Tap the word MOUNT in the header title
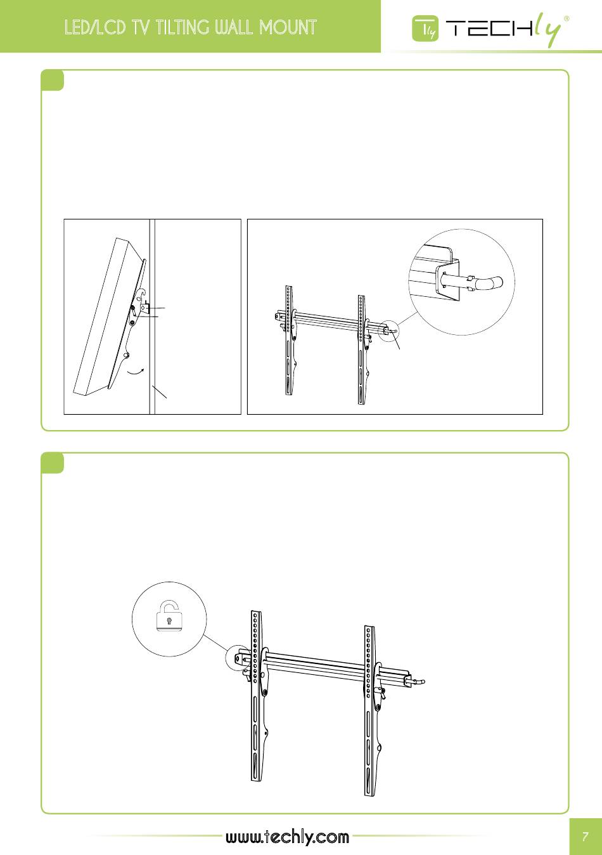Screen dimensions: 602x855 click(x=288, y=27)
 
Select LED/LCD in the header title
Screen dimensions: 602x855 click(x=95, y=27)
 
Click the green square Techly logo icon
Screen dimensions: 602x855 click(x=425, y=29)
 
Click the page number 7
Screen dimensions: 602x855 click(x=586, y=837)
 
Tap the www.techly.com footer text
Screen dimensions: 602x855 click(x=287, y=837)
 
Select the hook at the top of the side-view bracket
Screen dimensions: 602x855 click(x=141, y=293)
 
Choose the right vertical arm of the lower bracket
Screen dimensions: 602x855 click(x=371, y=711)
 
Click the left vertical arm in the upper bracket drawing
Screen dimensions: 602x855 click(x=290, y=340)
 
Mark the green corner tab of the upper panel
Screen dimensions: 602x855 click(x=52, y=80)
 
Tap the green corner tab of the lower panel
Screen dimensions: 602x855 click(x=52, y=463)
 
